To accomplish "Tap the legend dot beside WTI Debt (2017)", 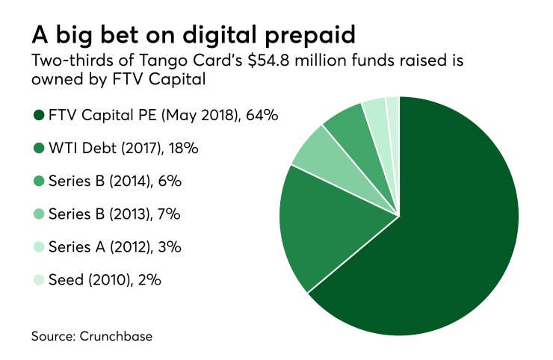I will point(38,148).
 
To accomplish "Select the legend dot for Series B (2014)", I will point(38,181).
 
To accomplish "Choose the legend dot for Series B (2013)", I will point(38,214).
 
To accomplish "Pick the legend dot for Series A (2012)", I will point(38,247).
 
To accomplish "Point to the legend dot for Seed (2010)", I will point(38,280).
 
